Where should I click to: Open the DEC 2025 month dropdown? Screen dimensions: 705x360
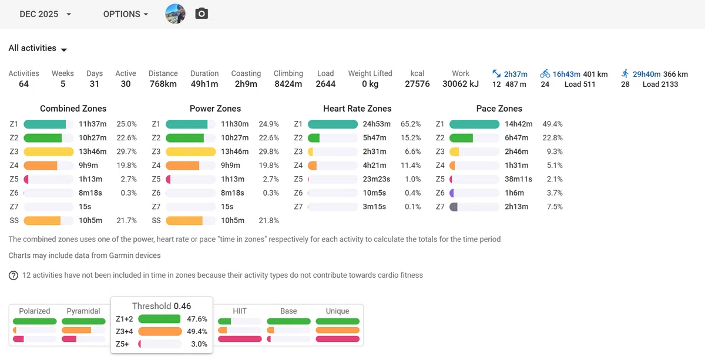[45, 14]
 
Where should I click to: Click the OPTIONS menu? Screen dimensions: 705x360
[126, 14]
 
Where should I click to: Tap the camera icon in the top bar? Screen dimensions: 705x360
[202, 14]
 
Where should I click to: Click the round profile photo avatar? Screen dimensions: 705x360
[175, 14]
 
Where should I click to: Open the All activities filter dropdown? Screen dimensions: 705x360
[38, 48]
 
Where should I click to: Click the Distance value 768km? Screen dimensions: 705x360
[163, 84]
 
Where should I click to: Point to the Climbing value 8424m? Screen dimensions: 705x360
[288, 84]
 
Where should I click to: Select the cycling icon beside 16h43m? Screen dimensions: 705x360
[545, 74]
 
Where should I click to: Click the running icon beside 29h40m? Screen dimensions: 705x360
[625, 74]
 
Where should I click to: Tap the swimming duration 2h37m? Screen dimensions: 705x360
[516, 74]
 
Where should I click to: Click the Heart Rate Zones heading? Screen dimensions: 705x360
[357, 109]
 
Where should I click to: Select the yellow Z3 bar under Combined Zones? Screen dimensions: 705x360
[49, 152]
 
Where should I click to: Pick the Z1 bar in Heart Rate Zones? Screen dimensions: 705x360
[333, 124]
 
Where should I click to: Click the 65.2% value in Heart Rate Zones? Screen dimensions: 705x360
[411, 124]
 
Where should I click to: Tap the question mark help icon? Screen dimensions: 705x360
[13, 275]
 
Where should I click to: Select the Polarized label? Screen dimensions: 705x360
[34, 311]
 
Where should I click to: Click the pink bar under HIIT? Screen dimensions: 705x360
[240, 339]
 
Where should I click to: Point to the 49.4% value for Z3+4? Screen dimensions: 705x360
[197, 331]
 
